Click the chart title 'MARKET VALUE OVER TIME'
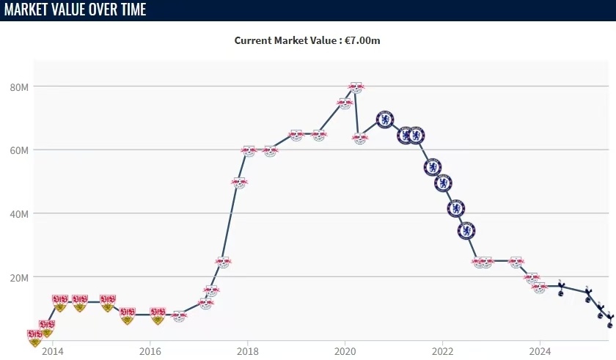76,10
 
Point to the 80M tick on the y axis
19,87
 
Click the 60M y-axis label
19,150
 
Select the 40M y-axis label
19,214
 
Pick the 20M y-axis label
19,278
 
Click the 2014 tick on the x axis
52,350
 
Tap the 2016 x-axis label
150,350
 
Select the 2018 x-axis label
248,350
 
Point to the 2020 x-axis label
345,350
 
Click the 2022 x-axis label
442,350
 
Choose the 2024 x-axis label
540,350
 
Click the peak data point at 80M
356,87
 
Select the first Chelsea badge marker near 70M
385,120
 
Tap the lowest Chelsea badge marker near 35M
466,231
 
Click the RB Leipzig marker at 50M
239,182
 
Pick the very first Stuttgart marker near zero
34,337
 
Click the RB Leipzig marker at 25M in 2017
223,262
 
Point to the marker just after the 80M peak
360,138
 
